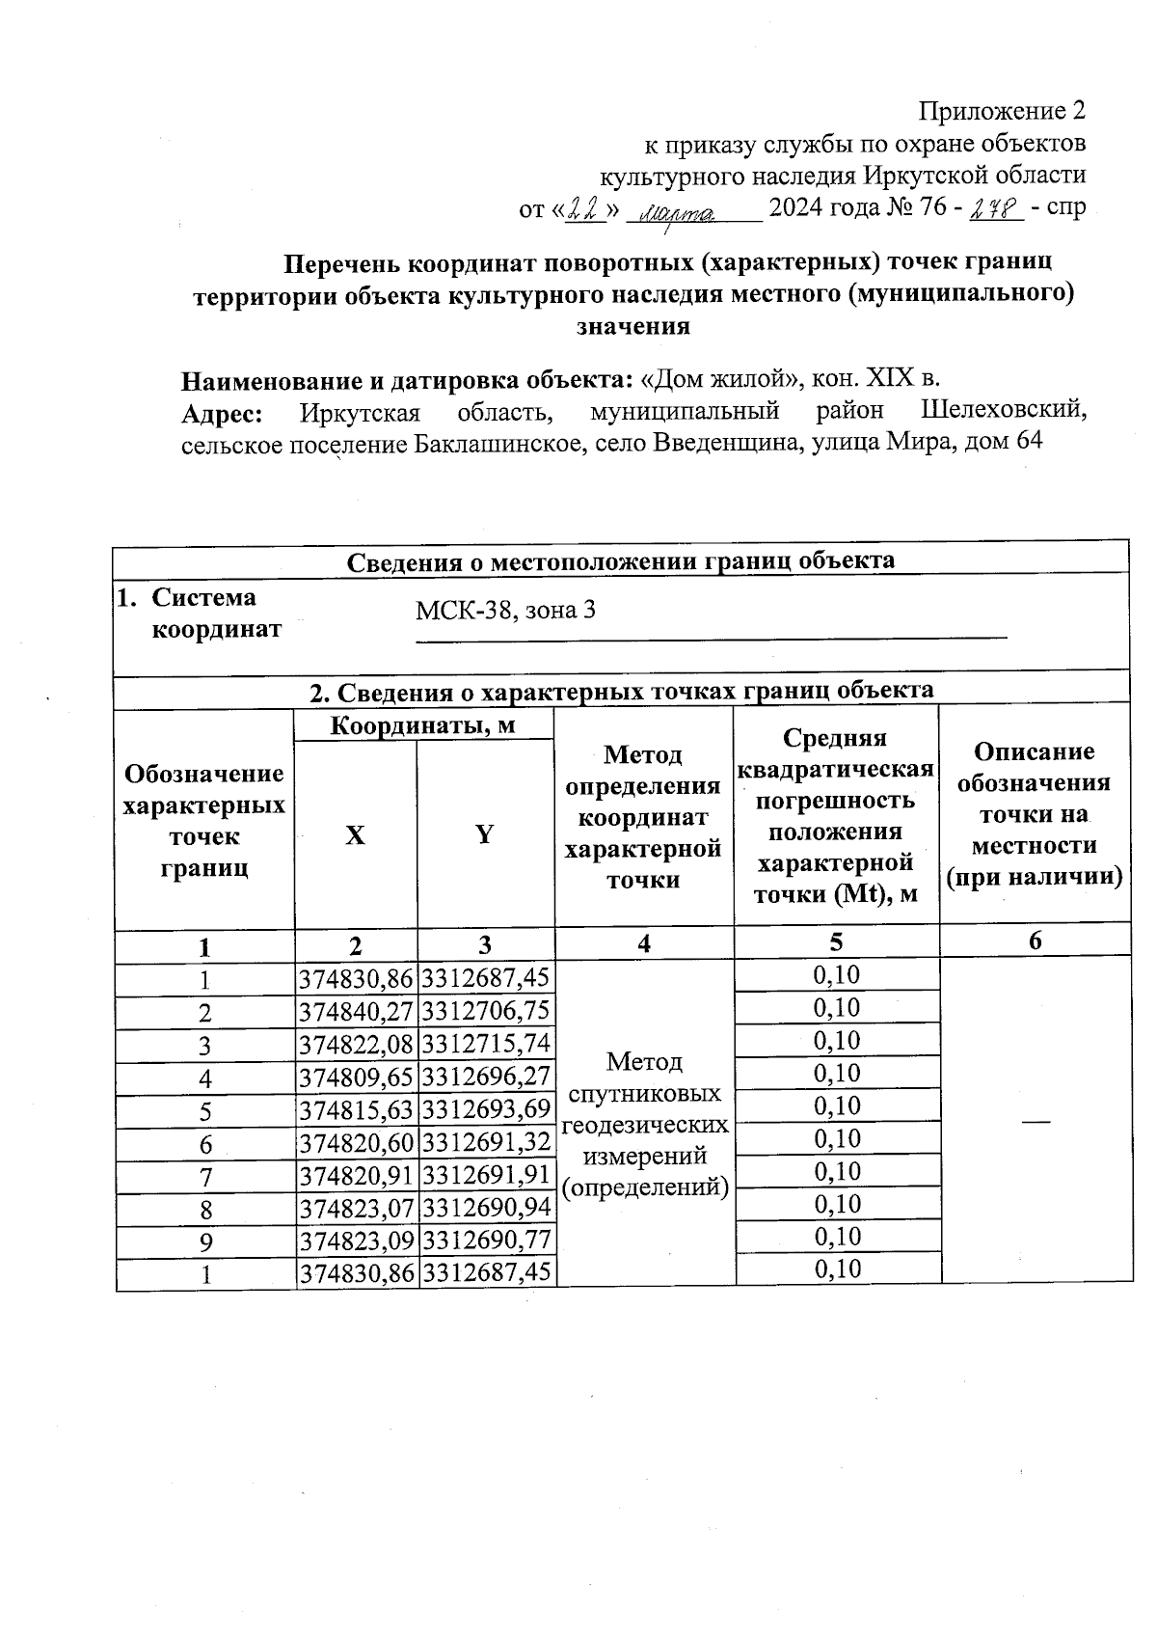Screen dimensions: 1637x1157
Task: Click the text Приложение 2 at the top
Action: pos(1003,111)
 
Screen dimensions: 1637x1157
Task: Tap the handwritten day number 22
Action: pos(581,207)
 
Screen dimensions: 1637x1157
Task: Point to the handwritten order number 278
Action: pos(996,207)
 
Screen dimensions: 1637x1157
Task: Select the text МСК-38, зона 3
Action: pos(505,610)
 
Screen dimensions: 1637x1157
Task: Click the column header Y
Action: pos(485,834)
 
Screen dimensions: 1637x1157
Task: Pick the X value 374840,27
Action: pos(356,1011)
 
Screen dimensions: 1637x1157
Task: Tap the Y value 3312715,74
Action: pos(486,1044)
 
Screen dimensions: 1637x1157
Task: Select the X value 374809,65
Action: pos(356,1077)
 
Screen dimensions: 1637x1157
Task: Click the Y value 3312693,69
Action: pos(486,1109)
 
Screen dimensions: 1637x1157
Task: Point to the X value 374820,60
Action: pos(356,1142)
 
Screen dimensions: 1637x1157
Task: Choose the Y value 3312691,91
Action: pos(486,1175)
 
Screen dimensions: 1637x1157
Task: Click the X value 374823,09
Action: pos(356,1241)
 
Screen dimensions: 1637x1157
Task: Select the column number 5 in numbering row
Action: pos(836,942)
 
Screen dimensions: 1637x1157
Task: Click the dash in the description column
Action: pos(1036,1120)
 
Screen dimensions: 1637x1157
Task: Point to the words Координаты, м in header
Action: pos(423,725)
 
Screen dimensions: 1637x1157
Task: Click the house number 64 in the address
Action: pos(1031,442)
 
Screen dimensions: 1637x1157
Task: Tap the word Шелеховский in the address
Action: pos(1003,411)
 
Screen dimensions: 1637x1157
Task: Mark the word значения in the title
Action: pos(633,326)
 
